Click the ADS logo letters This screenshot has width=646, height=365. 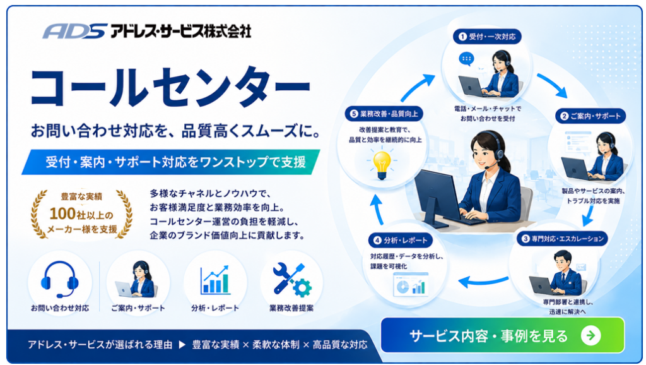tap(74, 31)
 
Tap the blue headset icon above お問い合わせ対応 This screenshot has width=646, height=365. tap(60, 279)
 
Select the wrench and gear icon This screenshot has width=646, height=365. tap(291, 280)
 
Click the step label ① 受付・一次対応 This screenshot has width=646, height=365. tap(487, 36)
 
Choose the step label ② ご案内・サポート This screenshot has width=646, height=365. tap(590, 116)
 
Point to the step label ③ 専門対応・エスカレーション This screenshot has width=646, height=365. tap(562, 238)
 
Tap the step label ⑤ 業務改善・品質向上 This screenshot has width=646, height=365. tap(384, 114)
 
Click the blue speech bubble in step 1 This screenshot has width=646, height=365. tap(466, 59)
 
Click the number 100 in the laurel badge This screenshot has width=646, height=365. tap(62, 213)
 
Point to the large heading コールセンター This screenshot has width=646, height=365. tap(170, 87)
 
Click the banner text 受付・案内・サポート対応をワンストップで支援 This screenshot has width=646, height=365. tap(175, 162)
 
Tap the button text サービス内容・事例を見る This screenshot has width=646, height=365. tap(489, 336)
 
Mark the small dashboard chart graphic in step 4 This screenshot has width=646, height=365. tap(411, 285)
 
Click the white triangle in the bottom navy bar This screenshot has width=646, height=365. tap(182, 344)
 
